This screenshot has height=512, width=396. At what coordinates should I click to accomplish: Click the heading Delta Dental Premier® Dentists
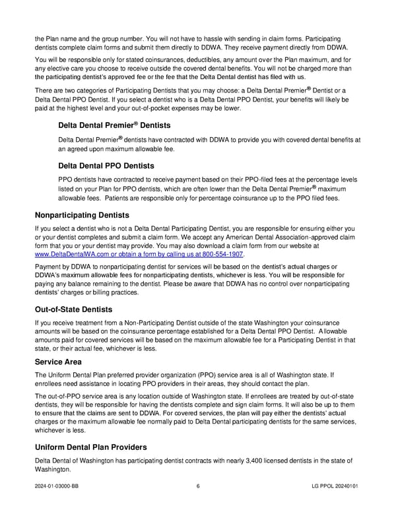point(114,125)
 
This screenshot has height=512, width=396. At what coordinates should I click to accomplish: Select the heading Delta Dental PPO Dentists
point(106,166)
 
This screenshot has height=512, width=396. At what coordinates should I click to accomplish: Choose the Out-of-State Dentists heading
point(73,309)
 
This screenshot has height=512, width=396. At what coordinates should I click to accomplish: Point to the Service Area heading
point(58,362)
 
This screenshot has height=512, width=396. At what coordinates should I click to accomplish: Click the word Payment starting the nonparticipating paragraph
point(48,267)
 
